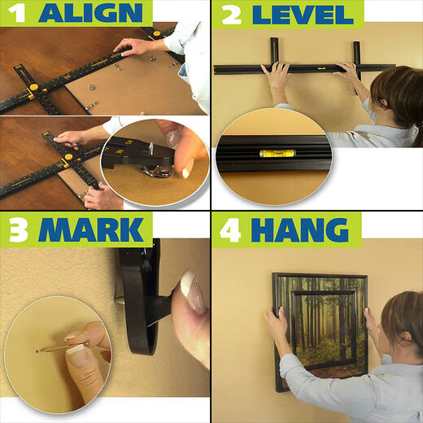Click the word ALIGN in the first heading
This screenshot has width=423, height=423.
89,13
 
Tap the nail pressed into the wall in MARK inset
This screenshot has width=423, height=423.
38,351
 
